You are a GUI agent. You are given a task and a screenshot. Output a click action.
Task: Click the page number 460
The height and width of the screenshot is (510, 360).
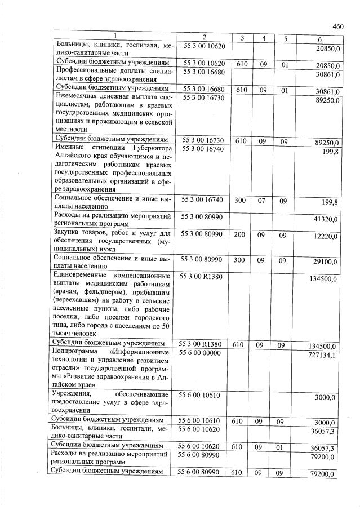pyautogui.click(x=338, y=26)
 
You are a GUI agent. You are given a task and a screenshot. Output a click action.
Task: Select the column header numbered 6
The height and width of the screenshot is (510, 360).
pyautogui.click(x=319, y=38)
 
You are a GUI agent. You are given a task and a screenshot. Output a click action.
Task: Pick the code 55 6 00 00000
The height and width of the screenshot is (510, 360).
pyautogui.click(x=202, y=353)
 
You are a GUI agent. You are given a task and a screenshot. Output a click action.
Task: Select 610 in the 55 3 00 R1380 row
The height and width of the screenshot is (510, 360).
pyautogui.click(x=237, y=344)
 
